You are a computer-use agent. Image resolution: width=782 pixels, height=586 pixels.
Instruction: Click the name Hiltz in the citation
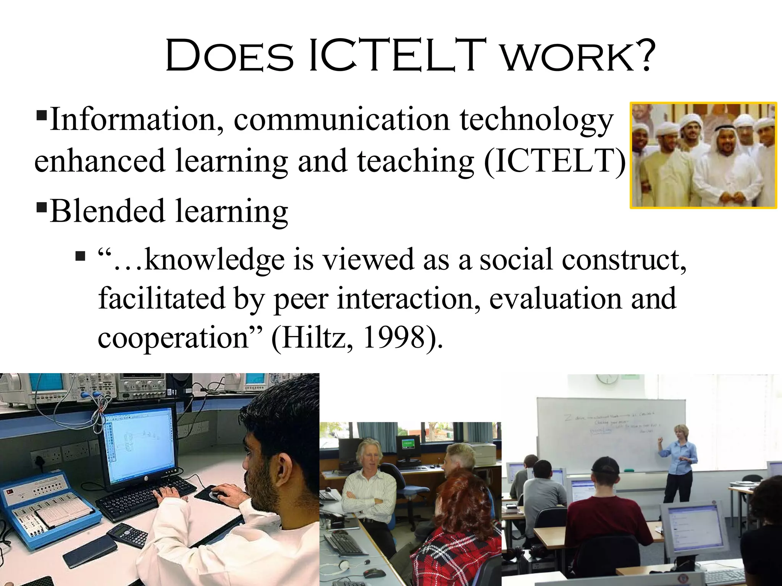click(313, 338)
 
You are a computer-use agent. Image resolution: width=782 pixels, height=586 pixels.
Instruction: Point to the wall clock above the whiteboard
click(607, 378)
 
